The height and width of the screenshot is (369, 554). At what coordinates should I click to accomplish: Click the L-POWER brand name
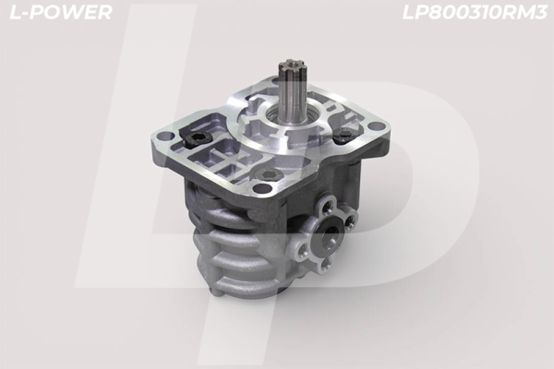pyautogui.click(x=58, y=12)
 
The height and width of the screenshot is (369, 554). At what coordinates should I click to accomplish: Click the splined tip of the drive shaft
pyautogui.click(x=287, y=70)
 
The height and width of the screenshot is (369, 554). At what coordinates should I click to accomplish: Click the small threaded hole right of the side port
pyautogui.click(x=352, y=219)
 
